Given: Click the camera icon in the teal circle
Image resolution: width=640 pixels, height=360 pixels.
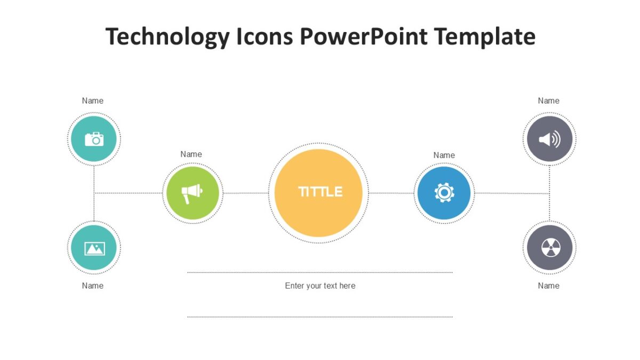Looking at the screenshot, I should (94, 139).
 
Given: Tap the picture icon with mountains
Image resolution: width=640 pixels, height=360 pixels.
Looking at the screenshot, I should (94, 248).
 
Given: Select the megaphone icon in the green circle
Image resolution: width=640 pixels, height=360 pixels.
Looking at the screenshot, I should (192, 193).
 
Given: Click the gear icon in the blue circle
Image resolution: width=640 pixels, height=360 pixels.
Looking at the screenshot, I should (444, 193).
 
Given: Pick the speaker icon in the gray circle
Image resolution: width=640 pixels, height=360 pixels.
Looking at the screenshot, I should (549, 140).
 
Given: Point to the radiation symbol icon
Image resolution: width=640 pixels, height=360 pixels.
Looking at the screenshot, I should (549, 248).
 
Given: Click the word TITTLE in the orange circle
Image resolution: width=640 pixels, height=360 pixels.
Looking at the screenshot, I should (320, 192).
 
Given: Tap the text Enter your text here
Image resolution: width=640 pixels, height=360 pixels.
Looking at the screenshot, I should (320, 286).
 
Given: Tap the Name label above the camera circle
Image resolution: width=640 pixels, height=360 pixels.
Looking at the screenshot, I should (93, 101).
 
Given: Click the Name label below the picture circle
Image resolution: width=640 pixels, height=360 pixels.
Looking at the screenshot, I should (93, 286).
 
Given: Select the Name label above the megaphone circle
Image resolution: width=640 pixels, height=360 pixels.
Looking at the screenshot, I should (191, 154).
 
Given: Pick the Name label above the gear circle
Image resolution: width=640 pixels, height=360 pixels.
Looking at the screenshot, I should (444, 155).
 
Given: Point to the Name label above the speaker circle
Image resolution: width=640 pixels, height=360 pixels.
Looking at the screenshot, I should (548, 101).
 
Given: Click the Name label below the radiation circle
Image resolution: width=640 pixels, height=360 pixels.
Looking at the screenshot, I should (548, 286).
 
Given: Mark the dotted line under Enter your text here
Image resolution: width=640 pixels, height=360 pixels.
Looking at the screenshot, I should (320, 317).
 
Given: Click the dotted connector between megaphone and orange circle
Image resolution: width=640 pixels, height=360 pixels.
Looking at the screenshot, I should (245, 193).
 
